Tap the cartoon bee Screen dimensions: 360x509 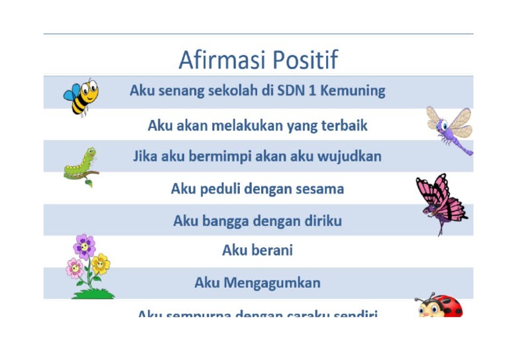pos(82,95)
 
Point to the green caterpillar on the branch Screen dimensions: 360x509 pos(81,165)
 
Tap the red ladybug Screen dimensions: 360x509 pos(439,306)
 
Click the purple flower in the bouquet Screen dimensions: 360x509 pos(84,246)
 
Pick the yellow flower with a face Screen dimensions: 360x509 pos(100,264)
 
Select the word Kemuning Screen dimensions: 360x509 pos(353,91)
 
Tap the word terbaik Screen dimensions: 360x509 pos(339,125)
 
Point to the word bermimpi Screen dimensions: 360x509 pos(211,157)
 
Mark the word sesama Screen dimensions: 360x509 pos(321,189)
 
